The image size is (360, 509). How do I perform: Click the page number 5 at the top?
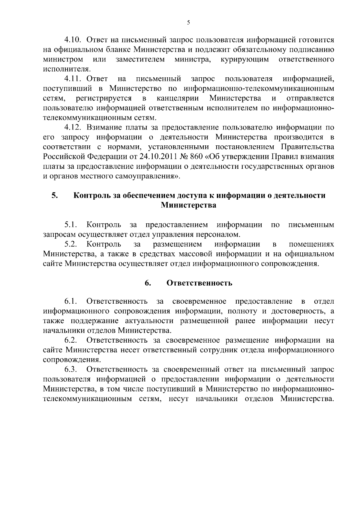click(x=188, y=23)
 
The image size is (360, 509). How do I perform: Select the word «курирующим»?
click(x=245, y=59)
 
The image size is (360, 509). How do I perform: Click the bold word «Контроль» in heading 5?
click(x=92, y=195)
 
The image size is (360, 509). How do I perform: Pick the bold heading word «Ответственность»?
click(x=199, y=283)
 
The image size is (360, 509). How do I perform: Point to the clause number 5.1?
click(x=71, y=225)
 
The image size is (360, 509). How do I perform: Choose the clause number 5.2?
click(x=71, y=244)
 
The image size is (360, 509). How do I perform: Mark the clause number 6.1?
click(x=71, y=301)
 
